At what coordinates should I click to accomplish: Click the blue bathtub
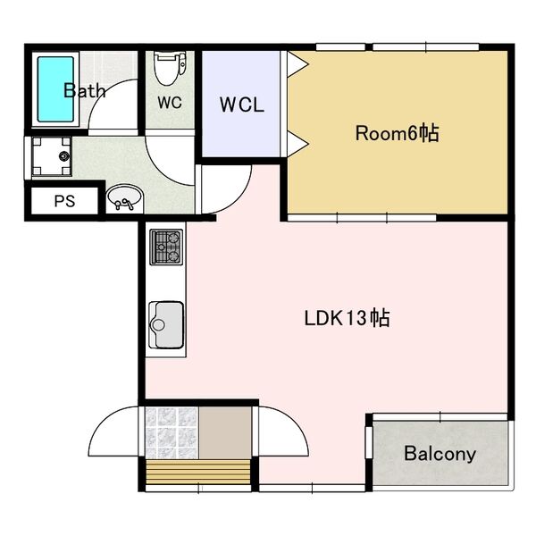click(x=55, y=89)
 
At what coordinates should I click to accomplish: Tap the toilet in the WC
click(x=170, y=68)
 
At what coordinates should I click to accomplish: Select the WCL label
click(x=242, y=105)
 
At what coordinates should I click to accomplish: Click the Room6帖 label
click(x=397, y=133)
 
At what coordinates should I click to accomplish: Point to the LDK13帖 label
click(x=347, y=318)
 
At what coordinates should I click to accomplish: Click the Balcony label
click(x=440, y=454)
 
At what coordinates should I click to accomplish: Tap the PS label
click(x=64, y=201)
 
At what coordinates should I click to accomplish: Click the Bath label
click(x=85, y=90)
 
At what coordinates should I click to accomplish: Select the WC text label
click(x=170, y=102)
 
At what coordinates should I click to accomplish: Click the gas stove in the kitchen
click(x=166, y=247)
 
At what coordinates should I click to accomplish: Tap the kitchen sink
click(x=166, y=325)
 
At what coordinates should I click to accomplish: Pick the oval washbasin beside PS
click(x=124, y=197)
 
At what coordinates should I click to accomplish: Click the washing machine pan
click(x=52, y=156)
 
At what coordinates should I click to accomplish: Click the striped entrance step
click(x=198, y=472)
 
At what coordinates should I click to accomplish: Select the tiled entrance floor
click(x=172, y=432)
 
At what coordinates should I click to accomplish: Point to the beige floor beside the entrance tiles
click(x=225, y=432)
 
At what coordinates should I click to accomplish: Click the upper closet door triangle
click(x=297, y=64)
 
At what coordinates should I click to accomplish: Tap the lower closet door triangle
click(x=297, y=144)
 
